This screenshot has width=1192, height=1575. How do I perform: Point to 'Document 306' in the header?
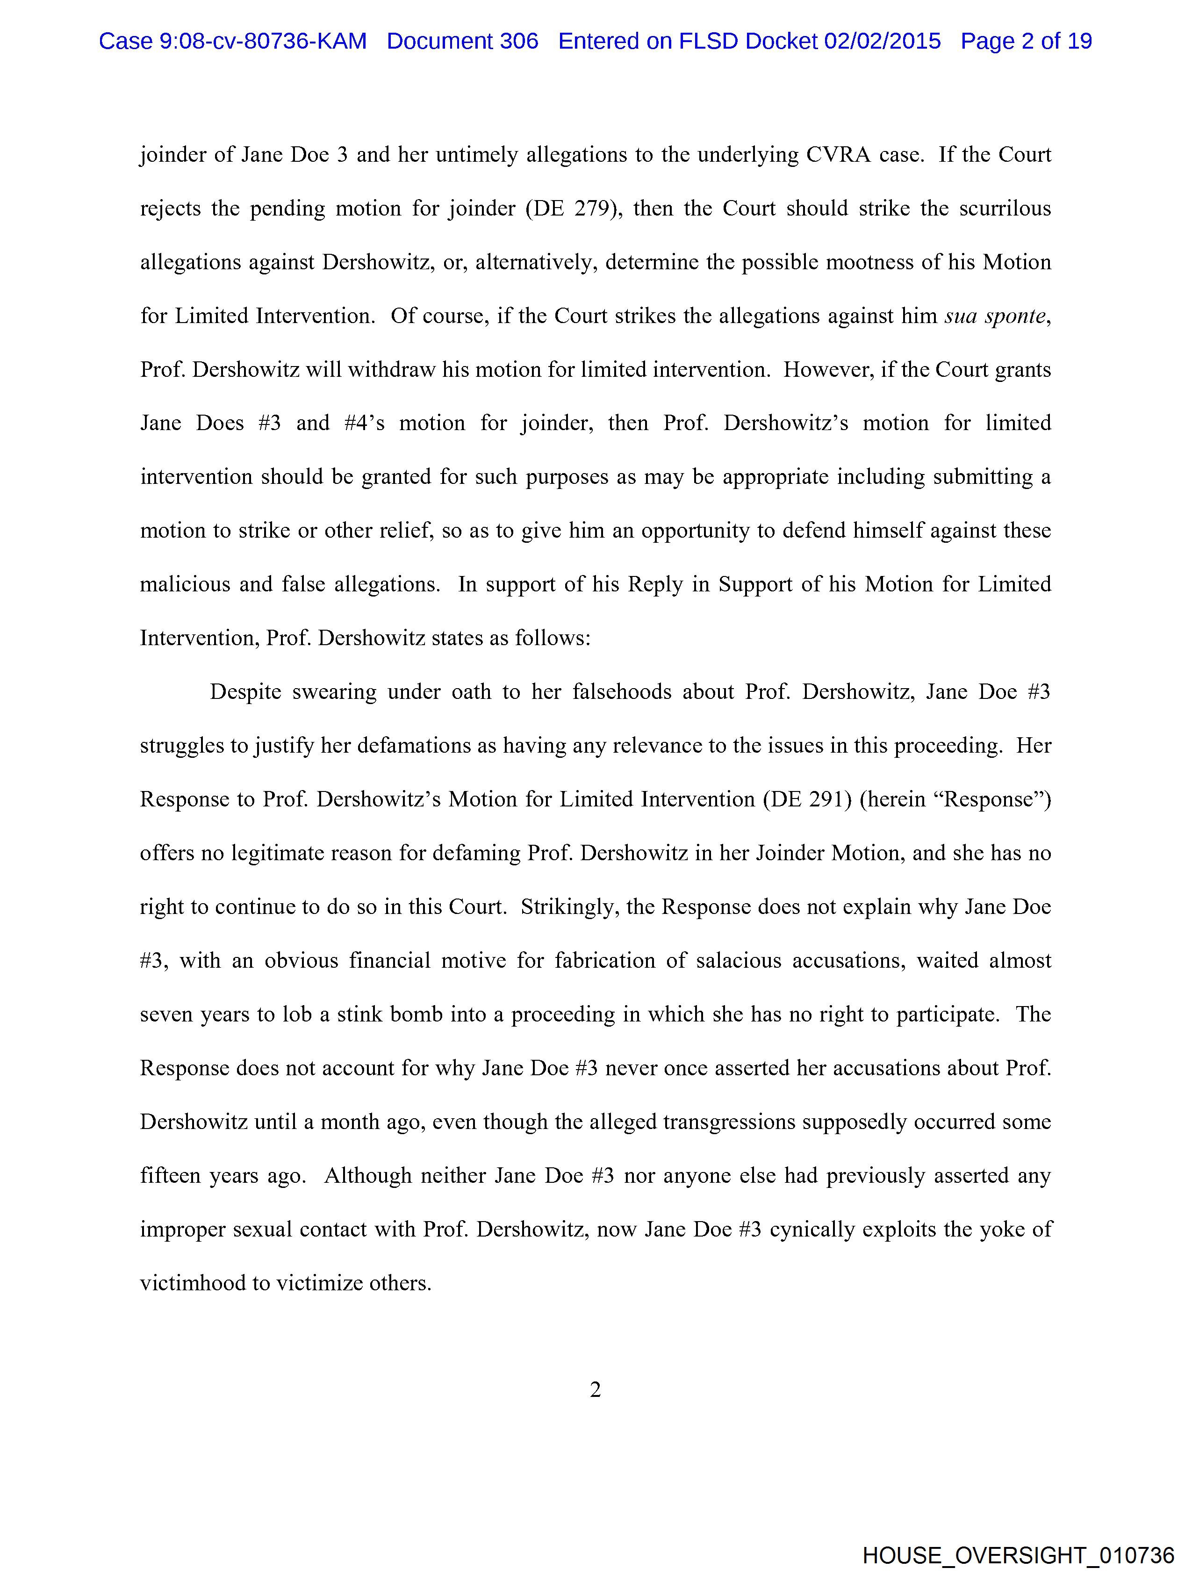click(462, 41)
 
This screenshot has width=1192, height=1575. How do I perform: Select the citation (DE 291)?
click(807, 799)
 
